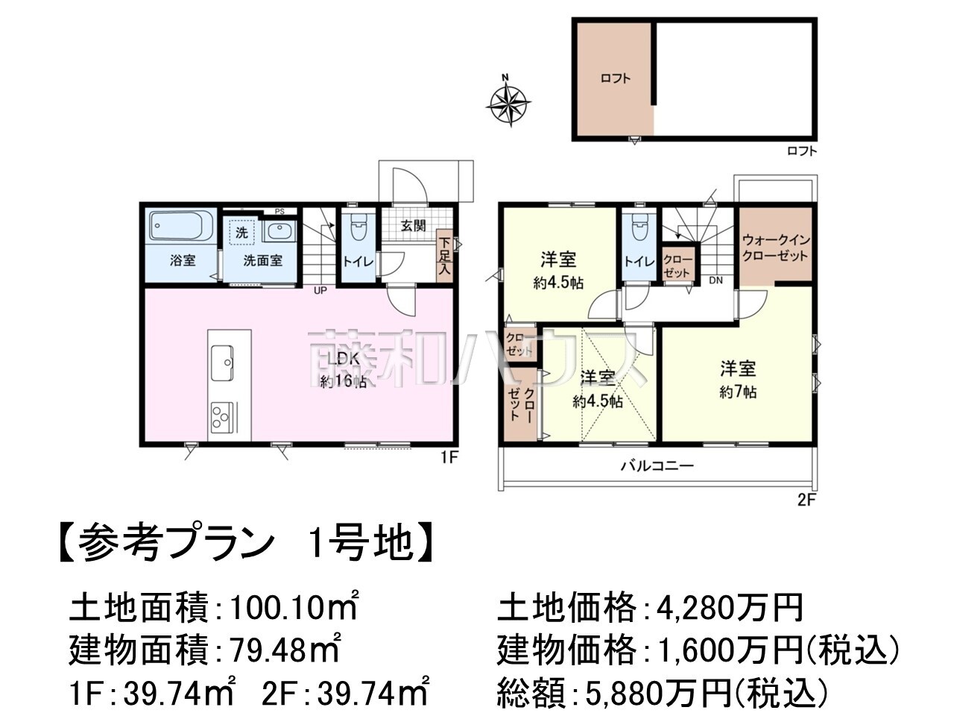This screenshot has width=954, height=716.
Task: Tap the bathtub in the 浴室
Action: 181,225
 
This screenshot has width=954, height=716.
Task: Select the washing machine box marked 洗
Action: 241,233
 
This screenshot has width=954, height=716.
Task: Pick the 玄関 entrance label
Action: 413,226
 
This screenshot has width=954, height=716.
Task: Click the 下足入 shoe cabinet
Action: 443,257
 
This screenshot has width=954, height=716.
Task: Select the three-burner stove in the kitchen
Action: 222,418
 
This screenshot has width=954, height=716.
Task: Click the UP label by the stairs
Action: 320,290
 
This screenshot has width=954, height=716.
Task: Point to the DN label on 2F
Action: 715,280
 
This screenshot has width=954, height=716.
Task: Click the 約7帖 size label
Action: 738,392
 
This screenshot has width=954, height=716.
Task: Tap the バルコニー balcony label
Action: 657,466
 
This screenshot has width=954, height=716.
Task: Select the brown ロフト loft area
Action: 614,79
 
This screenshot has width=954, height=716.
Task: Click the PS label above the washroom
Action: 279,212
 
